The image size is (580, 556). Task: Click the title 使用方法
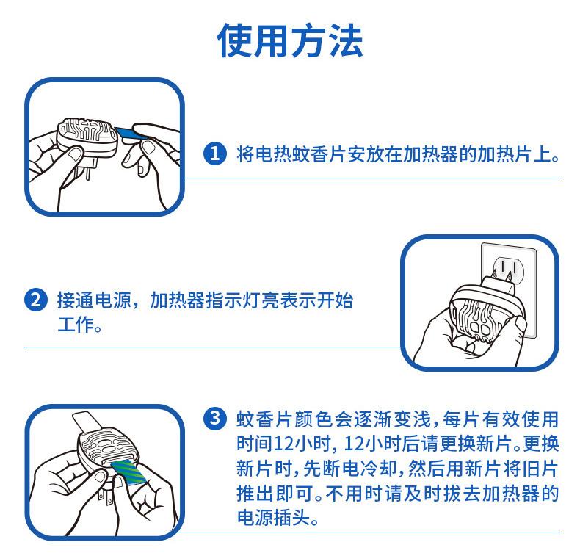289,40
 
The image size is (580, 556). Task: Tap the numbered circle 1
215,154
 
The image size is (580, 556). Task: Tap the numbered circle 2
36,300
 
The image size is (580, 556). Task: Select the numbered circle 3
215,419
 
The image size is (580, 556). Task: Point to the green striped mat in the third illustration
130,472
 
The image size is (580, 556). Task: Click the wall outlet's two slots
508,267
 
